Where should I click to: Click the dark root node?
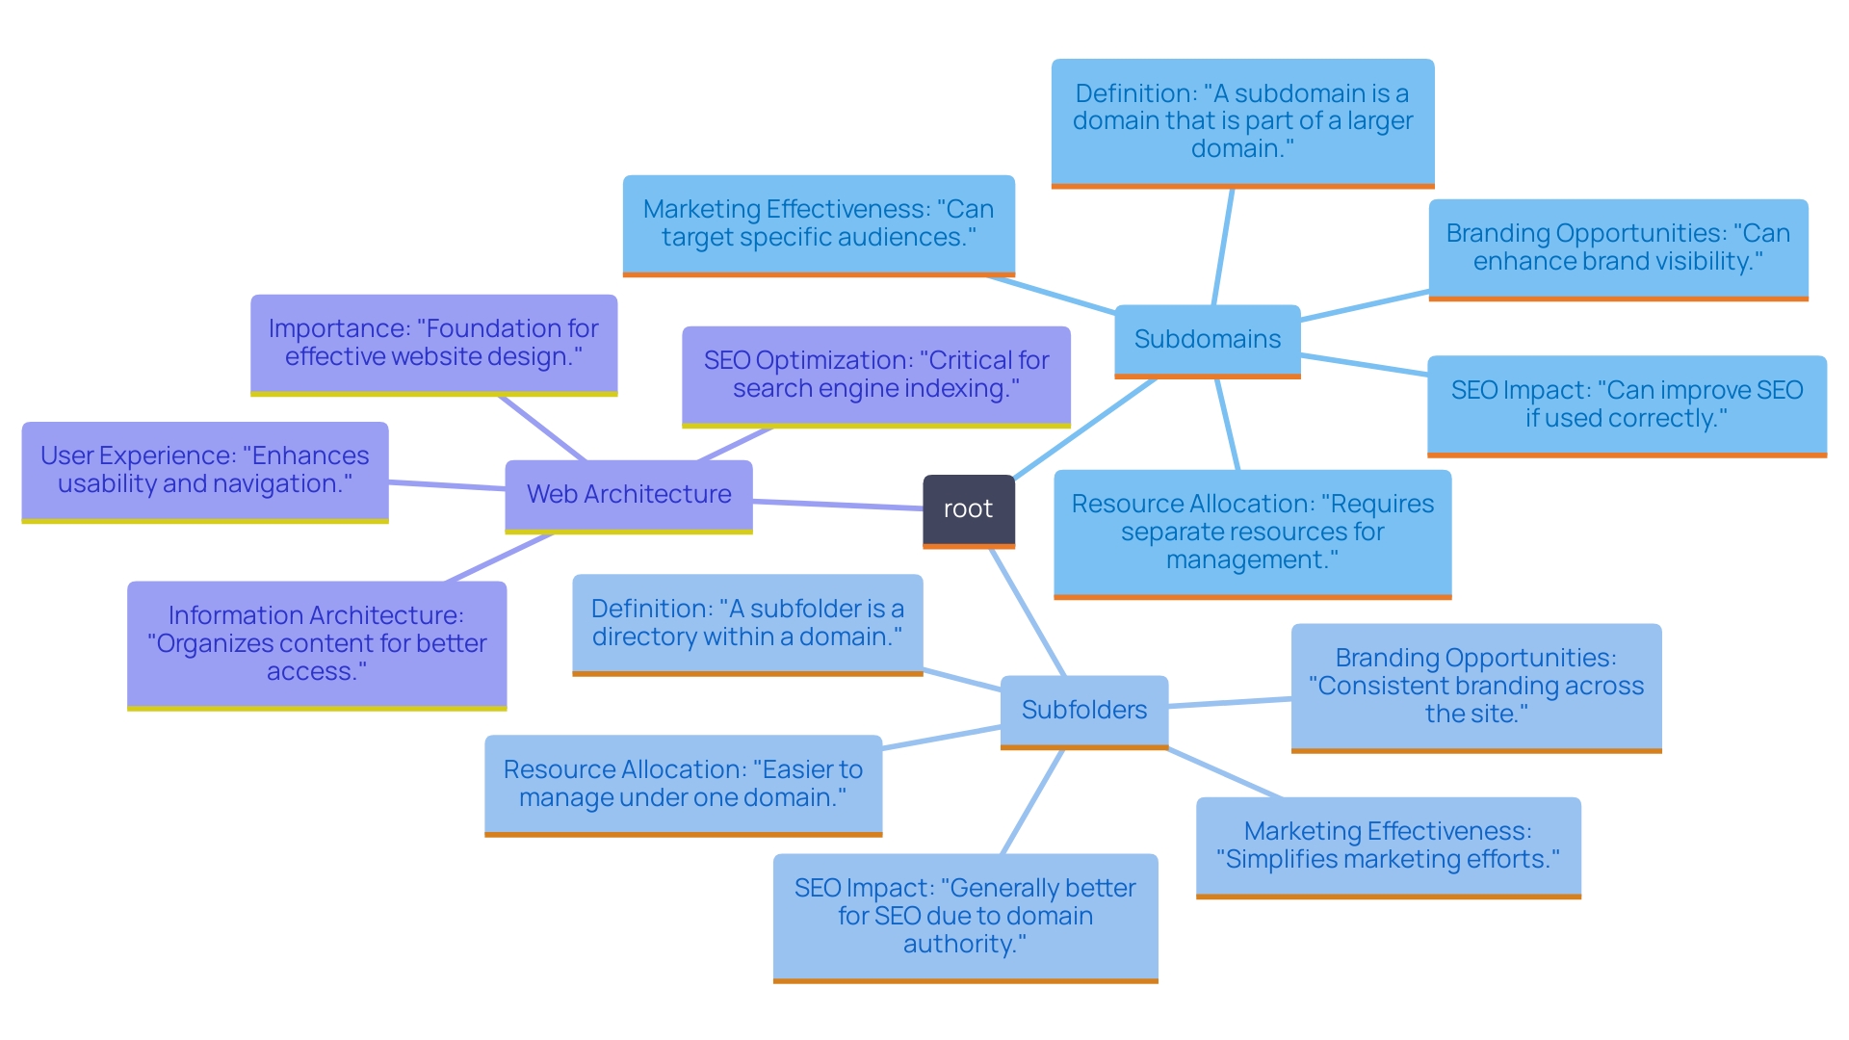click(x=968, y=509)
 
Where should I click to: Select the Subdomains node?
click(x=1207, y=340)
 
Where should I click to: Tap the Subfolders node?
click(x=1083, y=711)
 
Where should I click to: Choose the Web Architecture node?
click(x=628, y=495)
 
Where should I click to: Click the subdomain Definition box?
click(x=1242, y=121)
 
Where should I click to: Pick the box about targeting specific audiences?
click(x=818, y=223)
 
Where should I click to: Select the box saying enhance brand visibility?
click(x=1617, y=247)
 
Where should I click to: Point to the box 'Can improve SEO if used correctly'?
click(x=1626, y=404)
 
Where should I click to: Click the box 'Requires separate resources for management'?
click(x=1252, y=533)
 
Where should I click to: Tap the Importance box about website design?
click(x=433, y=343)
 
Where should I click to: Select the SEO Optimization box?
click(x=875, y=375)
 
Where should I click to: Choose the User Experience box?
click(x=204, y=470)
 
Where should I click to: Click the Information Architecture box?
click(x=316, y=643)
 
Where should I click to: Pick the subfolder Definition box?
click(x=747, y=623)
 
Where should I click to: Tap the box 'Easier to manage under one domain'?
click(x=683, y=784)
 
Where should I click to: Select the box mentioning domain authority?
click(x=965, y=916)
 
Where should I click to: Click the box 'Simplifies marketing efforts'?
click(x=1388, y=845)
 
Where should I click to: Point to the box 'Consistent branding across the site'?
click(x=1475, y=686)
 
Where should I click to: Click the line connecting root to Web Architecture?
click(x=838, y=505)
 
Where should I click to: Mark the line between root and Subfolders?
click(x=1028, y=612)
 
